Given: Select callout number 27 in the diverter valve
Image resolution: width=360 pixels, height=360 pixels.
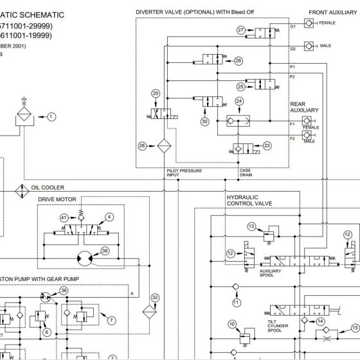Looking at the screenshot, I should click(240, 30).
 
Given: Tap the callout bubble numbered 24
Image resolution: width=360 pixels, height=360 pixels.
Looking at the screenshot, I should click(239, 101).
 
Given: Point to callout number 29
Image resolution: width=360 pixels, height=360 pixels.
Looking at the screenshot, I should click(155, 94).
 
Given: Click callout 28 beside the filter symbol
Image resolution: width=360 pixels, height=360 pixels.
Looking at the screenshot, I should click(142, 145).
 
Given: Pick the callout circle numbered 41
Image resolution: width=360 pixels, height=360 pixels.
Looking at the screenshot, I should click(64, 218).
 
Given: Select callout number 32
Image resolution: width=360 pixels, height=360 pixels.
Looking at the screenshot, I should click(154, 298).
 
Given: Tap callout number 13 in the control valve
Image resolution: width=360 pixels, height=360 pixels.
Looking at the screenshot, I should click(251, 226).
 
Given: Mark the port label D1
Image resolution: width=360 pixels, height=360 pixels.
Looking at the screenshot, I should click(292, 26).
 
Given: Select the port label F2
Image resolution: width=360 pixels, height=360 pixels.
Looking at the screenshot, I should click(292, 138).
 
